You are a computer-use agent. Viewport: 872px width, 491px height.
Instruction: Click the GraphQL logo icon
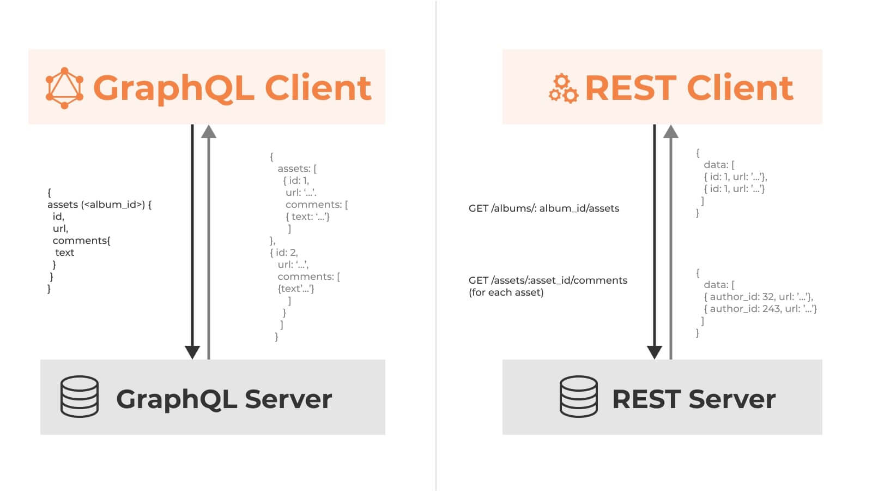[x=64, y=88]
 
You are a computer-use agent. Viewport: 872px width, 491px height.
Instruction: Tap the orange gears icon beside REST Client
[x=564, y=89]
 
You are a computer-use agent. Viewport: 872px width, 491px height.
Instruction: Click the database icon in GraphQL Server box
[x=80, y=397]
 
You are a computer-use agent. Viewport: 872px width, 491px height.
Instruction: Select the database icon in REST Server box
[x=579, y=397]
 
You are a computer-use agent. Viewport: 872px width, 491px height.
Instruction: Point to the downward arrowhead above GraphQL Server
[x=192, y=352]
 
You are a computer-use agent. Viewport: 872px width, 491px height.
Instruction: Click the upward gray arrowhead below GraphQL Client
[x=209, y=131]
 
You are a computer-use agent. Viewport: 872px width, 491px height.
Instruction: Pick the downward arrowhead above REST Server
[x=655, y=352]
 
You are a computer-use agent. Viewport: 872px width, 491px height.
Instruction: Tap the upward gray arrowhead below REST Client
[x=671, y=131]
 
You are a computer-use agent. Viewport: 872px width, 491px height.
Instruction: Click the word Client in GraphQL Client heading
[x=318, y=88]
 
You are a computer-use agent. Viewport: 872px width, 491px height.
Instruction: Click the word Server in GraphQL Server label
[x=288, y=399]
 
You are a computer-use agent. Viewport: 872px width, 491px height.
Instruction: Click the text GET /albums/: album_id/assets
[x=544, y=208]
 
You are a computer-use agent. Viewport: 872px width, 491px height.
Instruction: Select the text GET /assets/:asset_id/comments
[x=548, y=280]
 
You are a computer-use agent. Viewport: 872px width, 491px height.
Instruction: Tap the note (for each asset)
[x=506, y=292]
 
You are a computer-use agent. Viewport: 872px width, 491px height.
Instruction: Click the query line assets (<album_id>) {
[x=100, y=205]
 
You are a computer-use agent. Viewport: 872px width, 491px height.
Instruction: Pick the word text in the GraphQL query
[x=65, y=253]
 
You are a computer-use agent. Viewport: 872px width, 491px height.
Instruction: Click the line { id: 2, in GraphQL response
[x=284, y=253]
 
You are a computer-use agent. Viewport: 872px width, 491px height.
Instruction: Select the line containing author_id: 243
[x=761, y=309]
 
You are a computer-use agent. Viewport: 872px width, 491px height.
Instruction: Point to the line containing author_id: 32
[x=759, y=297]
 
